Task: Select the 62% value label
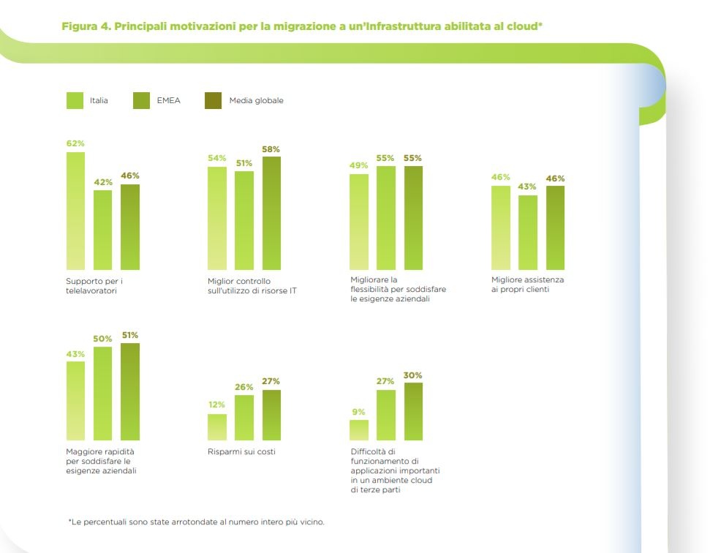tap(75, 143)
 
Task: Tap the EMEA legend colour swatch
tap(142, 100)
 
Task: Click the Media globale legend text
tap(256, 100)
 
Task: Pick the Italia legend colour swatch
tap(75, 100)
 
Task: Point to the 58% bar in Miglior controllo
tap(271, 213)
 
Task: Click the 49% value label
tap(358, 165)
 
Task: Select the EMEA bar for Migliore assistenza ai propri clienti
tap(528, 232)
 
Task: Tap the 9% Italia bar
tap(358, 430)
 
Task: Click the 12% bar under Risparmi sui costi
tap(217, 427)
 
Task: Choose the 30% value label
tap(412, 375)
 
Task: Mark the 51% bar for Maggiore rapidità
tap(130, 391)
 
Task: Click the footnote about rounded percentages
tap(196, 522)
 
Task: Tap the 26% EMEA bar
tap(244, 418)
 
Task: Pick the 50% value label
tap(102, 339)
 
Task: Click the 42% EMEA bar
tap(102, 230)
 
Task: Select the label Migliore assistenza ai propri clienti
tap(527, 285)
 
